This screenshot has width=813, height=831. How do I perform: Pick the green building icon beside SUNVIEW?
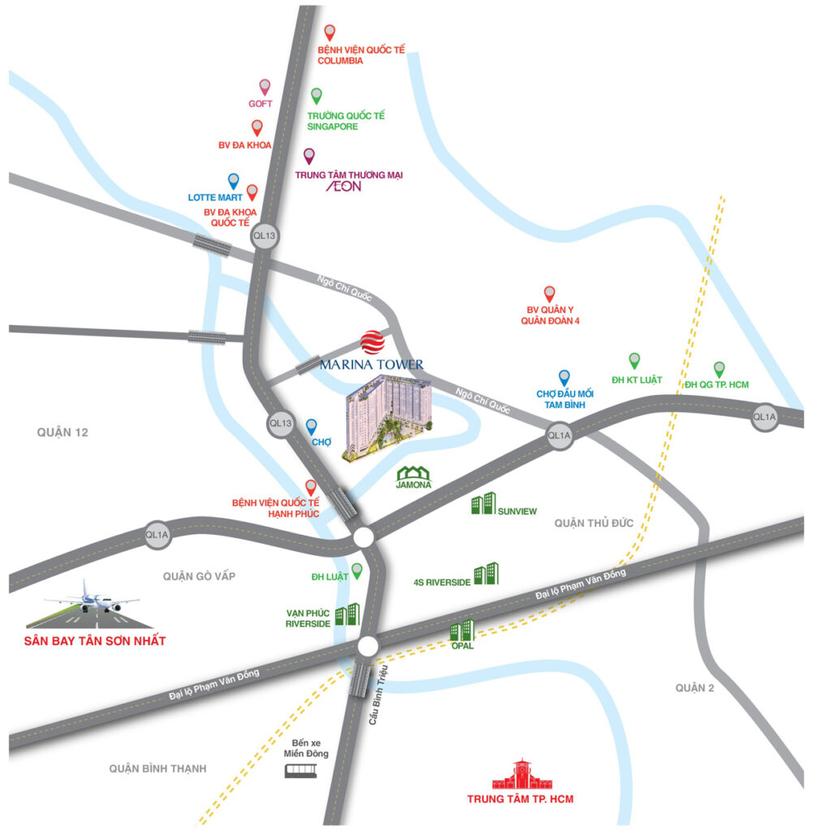click(484, 504)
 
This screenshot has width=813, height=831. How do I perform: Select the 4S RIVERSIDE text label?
click(441, 582)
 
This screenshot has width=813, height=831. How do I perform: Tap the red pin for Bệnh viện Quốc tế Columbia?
click(329, 32)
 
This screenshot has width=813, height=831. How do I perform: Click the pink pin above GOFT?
click(265, 87)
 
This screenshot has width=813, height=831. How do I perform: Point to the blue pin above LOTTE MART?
click(234, 181)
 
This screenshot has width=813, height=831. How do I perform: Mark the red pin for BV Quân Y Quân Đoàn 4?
click(549, 294)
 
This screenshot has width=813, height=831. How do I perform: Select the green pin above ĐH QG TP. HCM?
click(719, 369)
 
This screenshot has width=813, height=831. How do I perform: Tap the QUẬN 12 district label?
click(62, 433)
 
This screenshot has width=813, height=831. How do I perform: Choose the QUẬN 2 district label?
click(695, 688)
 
